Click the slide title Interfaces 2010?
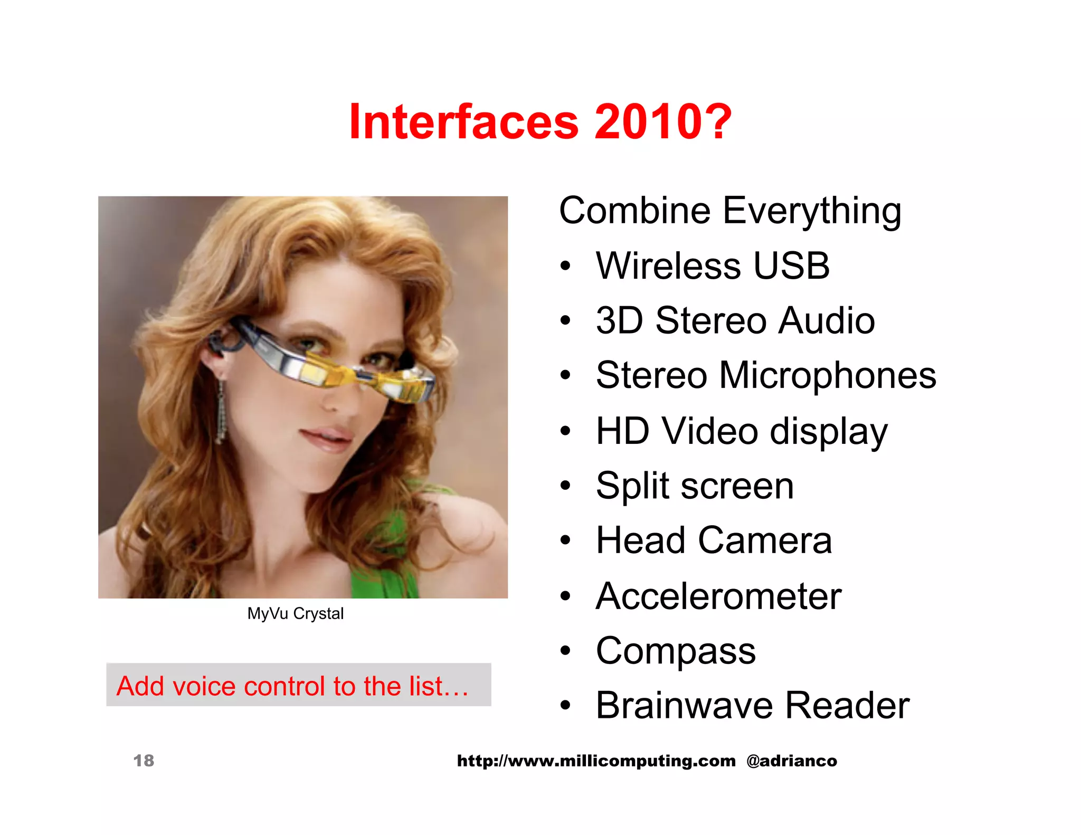(x=540, y=122)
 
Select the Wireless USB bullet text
(x=713, y=265)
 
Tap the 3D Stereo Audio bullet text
(x=735, y=320)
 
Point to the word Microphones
(x=827, y=375)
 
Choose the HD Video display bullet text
(x=742, y=431)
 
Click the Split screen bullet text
(x=695, y=486)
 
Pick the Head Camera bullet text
(x=714, y=540)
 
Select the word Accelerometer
(x=718, y=596)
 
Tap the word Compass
(x=676, y=651)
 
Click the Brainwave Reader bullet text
(x=753, y=705)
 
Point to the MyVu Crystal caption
(x=296, y=613)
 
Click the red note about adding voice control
(x=293, y=686)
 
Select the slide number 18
(x=144, y=761)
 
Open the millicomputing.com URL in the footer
(x=596, y=761)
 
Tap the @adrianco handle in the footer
(x=792, y=761)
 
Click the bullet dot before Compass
(x=566, y=651)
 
